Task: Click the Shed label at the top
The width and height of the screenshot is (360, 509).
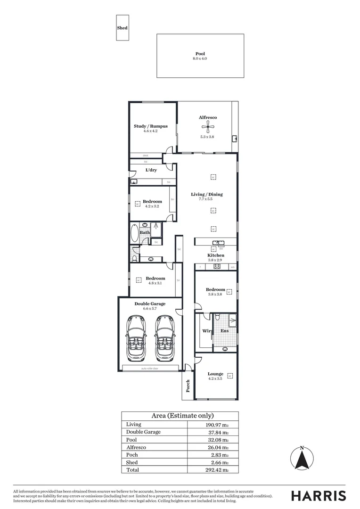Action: tap(122, 28)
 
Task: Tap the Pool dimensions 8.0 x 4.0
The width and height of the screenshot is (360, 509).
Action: tap(200, 58)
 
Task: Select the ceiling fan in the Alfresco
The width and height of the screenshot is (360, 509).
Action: tap(207, 126)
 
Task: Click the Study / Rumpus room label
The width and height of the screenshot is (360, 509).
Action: tap(151, 126)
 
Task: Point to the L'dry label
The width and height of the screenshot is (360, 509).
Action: tap(151, 170)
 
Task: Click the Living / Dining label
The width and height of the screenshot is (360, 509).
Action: tap(206, 194)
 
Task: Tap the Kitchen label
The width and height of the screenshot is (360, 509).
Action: tap(215, 255)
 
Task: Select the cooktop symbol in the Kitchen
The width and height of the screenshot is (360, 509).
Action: tap(217, 267)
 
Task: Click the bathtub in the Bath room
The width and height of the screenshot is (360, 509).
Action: tap(135, 233)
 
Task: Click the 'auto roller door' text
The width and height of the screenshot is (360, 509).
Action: tap(149, 368)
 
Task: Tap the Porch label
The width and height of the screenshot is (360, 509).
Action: tap(188, 386)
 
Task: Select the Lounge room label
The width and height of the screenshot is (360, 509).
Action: tap(215, 374)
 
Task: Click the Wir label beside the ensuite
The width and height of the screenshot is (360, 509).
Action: tap(206, 331)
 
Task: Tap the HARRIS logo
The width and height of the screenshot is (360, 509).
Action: tap(319, 496)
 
